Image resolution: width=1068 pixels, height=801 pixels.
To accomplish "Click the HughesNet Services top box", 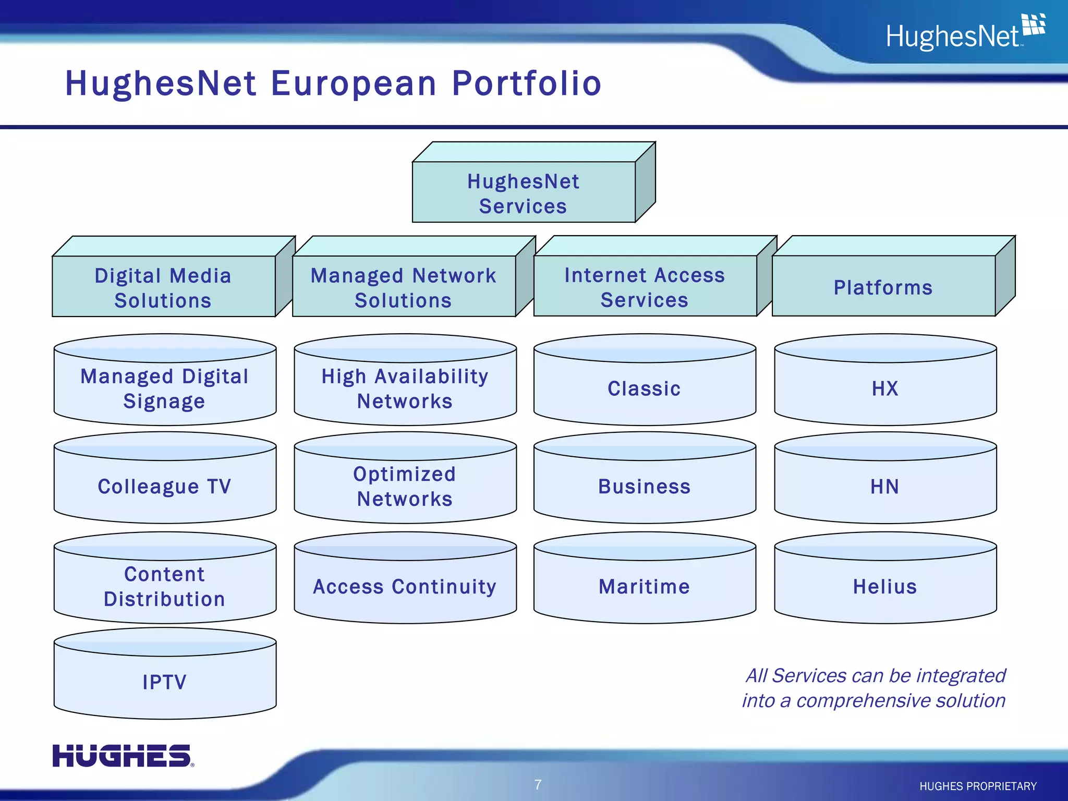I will pyautogui.click(x=524, y=193).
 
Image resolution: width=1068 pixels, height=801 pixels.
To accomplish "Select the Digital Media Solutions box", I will pyautogui.click(x=163, y=287).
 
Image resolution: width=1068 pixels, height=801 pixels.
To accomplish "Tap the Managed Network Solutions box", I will pyautogui.click(x=404, y=287).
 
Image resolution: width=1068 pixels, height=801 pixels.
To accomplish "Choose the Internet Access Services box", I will pyautogui.click(x=645, y=287).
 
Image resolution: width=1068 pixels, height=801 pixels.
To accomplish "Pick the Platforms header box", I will pyautogui.click(x=883, y=287).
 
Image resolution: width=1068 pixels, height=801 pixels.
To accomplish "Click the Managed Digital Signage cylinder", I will pyautogui.click(x=165, y=389).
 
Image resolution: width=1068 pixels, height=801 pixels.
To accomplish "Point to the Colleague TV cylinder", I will pyautogui.click(x=165, y=487).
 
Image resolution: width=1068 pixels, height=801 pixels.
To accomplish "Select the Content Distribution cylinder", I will pyautogui.click(x=165, y=587).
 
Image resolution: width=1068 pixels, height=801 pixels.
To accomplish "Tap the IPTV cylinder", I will pyautogui.click(x=165, y=682).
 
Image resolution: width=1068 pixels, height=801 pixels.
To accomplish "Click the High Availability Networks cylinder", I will pyautogui.click(x=405, y=389).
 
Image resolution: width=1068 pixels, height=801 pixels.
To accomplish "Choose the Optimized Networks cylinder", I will pyautogui.click(x=405, y=487).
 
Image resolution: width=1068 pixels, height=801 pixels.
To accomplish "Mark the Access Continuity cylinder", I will pyautogui.click(x=405, y=587).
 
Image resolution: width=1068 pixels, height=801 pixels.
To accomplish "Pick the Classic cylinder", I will pyautogui.click(x=645, y=389).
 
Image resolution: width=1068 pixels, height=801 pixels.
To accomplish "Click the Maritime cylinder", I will pyautogui.click(x=645, y=587).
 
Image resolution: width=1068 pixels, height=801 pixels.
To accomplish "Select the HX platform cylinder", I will pyautogui.click(x=885, y=389).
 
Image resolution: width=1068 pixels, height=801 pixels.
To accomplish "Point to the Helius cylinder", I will pyautogui.click(x=885, y=587).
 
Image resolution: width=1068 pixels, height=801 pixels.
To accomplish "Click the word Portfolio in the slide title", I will pyautogui.click(x=527, y=83).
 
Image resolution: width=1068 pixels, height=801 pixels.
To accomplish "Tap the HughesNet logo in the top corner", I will pyautogui.click(x=965, y=33).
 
